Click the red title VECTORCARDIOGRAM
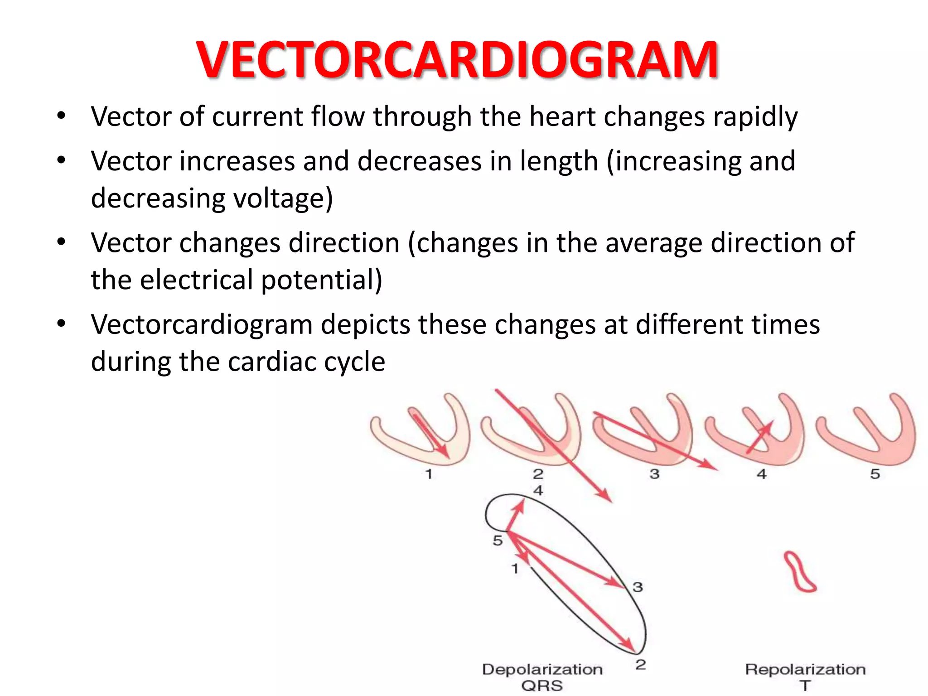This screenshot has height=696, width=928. click(458, 60)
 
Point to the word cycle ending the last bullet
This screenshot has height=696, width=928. click(352, 362)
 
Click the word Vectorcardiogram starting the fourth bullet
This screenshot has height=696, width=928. click(202, 325)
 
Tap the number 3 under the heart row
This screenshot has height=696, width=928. click(654, 474)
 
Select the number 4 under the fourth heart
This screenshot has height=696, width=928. click(762, 474)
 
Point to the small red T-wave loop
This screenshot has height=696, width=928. click(800, 572)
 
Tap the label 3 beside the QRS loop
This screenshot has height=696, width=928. click(638, 587)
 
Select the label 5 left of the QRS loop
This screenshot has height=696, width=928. click(498, 541)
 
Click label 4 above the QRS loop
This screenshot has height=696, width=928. click(538, 490)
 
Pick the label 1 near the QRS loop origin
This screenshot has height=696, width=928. click(515, 568)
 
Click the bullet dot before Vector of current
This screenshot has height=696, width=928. click(61, 116)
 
